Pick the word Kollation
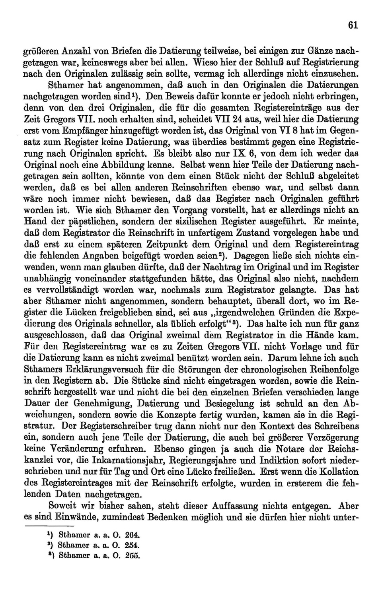coord(337,472)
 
